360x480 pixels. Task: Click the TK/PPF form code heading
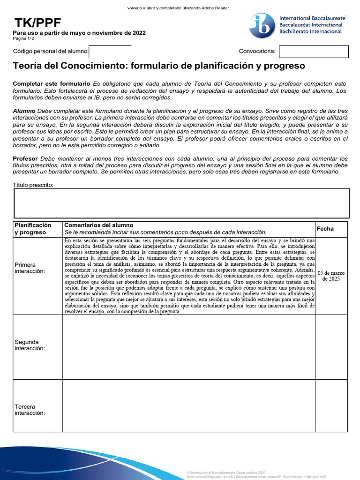point(37,23)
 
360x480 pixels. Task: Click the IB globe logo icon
point(262,26)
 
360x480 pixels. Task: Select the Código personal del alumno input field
point(110,51)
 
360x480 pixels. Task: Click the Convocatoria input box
point(314,52)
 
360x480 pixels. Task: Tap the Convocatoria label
point(257,52)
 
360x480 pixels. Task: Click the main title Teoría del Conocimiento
point(158,66)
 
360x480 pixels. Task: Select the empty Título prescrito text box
point(181,203)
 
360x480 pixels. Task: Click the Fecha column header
point(325,229)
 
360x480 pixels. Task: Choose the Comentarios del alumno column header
point(98,225)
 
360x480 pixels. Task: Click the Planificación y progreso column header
point(33,229)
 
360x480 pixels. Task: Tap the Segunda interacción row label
point(30,345)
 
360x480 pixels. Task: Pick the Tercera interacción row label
point(30,410)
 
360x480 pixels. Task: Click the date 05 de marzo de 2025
point(331,276)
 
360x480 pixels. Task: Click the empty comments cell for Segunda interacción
point(188,347)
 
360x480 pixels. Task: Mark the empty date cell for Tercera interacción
point(331,406)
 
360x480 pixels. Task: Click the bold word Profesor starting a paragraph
point(25,159)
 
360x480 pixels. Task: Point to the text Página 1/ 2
point(26,39)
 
